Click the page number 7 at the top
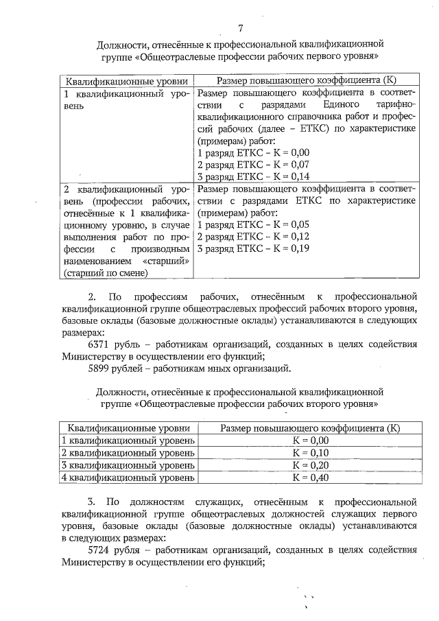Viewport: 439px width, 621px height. point(240,28)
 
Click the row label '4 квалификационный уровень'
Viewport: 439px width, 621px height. point(128,478)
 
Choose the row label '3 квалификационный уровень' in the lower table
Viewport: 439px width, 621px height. point(128,465)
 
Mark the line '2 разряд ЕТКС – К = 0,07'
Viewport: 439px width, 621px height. point(253,165)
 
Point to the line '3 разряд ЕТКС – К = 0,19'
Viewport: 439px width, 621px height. point(253,249)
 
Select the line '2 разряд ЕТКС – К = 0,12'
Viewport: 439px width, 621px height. point(253,237)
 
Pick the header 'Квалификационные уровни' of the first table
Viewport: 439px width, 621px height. point(124,80)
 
